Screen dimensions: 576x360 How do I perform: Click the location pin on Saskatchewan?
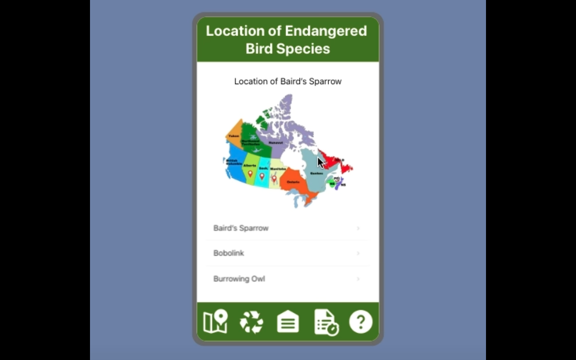pos(262,176)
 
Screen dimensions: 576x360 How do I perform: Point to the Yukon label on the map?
pos(234,136)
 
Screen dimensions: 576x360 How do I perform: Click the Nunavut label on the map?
pos(276,143)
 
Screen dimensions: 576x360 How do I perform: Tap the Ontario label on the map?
pos(293,182)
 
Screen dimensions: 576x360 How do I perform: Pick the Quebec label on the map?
pos(316,173)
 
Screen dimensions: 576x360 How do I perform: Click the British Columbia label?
pos(234,162)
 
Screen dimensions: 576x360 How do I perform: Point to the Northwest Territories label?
pos(251,142)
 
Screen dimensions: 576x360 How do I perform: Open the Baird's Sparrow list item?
pos(241,228)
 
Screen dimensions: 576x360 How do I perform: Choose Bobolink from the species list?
pos(229,253)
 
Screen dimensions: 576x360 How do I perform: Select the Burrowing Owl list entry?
pos(239,279)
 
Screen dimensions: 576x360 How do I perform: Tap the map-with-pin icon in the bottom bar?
pos(216,322)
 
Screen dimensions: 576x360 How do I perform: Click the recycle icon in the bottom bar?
pos(251,322)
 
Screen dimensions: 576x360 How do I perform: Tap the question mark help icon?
pos(360,322)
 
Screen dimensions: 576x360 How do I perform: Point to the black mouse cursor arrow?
pos(320,162)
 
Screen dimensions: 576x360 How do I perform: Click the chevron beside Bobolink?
pos(358,253)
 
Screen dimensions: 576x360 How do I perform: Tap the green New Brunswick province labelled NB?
pos(332,184)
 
